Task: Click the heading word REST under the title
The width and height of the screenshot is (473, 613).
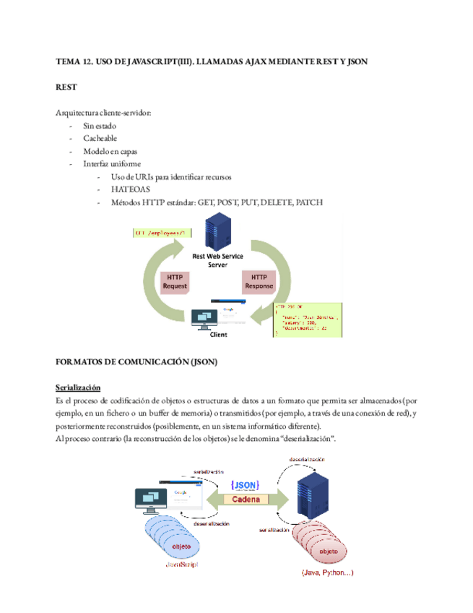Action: click(x=66, y=87)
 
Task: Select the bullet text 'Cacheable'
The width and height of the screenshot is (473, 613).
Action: click(x=100, y=138)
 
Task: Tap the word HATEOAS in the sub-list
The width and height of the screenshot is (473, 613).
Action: click(x=127, y=190)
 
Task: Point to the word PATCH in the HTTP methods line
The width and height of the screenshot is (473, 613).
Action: click(x=308, y=203)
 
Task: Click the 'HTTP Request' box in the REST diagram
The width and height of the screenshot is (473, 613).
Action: click(x=174, y=281)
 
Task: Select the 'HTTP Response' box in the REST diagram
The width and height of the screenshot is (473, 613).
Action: click(x=259, y=281)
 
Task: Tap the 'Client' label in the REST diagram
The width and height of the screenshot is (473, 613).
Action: click(x=218, y=335)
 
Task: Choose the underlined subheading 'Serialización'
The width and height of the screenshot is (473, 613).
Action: click(x=78, y=387)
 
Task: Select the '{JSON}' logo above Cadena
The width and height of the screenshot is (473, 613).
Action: click(x=243, y=484)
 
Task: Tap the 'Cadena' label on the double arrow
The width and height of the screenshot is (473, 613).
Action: click(x=243, y=499)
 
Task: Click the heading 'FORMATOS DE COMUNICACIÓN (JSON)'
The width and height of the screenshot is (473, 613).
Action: click(x=136, y=361)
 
